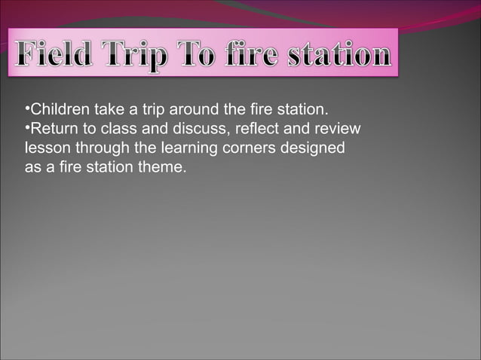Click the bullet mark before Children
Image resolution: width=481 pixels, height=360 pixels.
(x=27, y=111)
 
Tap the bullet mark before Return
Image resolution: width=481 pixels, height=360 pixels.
(x=27, y=130)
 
